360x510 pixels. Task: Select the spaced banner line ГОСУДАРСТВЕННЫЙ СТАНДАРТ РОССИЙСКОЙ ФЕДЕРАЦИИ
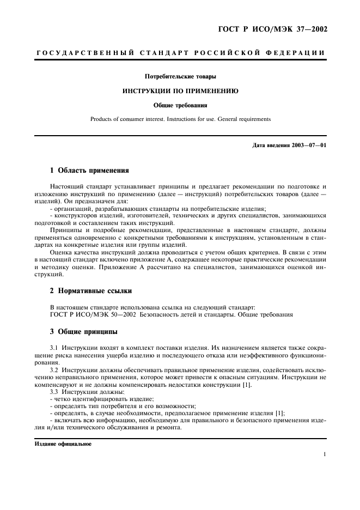coord(180,53)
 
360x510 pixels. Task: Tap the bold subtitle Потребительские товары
coord(180,76)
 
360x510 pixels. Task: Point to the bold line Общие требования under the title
coord(180,105)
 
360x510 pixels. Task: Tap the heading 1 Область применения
coord(89,170)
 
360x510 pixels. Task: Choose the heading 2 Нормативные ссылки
coord(90,292)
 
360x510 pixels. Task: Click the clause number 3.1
coord(54,348)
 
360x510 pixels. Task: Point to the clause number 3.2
coord(54,371)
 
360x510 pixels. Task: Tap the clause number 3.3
coord(54,393)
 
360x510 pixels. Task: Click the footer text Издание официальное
coord(63,444)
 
